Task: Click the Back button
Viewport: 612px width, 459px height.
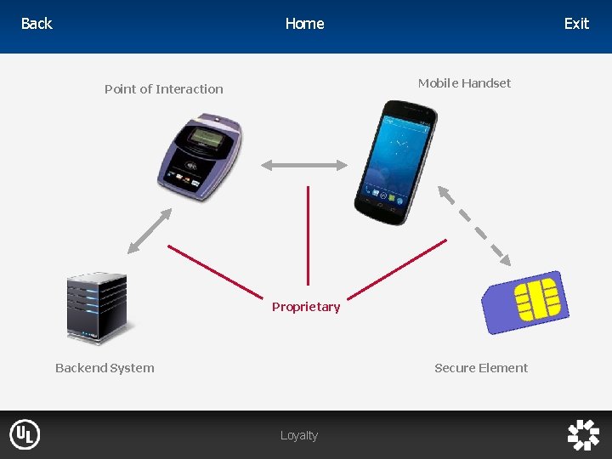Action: click(x=37, y=24)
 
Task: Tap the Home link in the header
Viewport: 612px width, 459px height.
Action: click(x=304, y=24)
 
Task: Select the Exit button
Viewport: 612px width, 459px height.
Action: click(x=576, y=24)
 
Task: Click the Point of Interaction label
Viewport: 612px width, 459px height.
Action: click(x=164, y=89)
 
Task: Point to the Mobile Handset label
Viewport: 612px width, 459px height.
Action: click(x=464, y=83)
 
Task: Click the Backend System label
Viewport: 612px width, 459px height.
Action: click(x=105, y=368)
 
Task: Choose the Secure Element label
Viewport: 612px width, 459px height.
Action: click(x=481, y=368)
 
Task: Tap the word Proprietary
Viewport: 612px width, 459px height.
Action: click(x=306, y=307)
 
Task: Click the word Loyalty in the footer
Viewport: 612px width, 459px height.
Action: click(x=299, y=435)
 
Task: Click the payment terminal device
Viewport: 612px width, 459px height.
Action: click(x=200, y=153)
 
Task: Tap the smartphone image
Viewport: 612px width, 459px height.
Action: click(x=395, y=157)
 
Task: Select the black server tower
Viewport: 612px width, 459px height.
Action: click(x=97, y=307)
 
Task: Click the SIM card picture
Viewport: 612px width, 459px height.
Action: click(x=525, y=301)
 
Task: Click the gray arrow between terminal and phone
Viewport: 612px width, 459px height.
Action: click(x=305, y=165)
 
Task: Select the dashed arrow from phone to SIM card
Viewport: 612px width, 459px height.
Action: click(x=473, y=225)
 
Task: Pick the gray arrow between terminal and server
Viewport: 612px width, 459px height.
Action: click(x=150, y=230)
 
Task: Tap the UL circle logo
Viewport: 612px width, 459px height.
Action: click(x=25, y=435)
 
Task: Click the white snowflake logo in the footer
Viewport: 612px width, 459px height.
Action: click(x=584, y=434)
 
